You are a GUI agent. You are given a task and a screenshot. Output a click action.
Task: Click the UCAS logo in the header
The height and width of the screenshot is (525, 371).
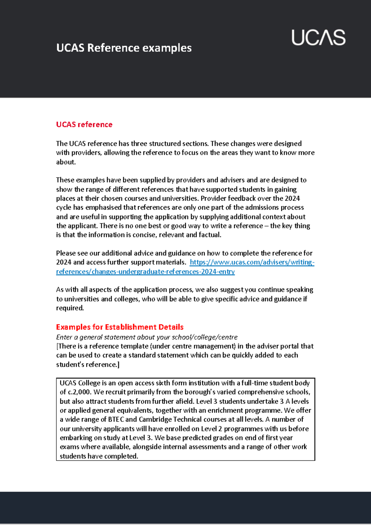click(318, 38)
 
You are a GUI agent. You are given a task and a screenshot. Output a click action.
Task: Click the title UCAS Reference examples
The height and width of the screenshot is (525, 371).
click(124, 48)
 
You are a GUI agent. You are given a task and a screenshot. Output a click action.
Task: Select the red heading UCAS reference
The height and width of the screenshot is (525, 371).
click(84, 124)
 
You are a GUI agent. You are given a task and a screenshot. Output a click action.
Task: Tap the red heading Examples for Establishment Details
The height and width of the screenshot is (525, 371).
click(120, 327)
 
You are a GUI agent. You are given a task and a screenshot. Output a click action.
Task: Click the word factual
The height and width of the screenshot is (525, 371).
click(210, 235)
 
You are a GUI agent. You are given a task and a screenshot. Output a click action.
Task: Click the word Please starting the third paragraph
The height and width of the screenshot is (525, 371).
click(66, 253)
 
